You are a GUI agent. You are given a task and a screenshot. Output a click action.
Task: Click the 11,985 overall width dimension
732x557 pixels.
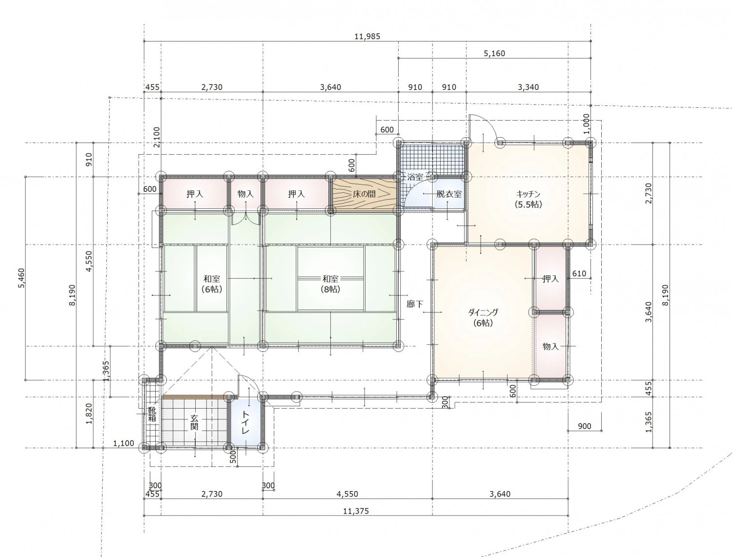tap(367, 36)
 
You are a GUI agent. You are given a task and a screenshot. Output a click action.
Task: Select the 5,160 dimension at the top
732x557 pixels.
tap(494, 53)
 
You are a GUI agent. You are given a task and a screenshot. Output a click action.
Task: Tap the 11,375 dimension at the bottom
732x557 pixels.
tap(356, 511)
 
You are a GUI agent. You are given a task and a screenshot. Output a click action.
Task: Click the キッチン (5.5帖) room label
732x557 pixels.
tap(528, 199)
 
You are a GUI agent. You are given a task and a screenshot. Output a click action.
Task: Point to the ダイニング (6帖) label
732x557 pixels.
tap(483, 317)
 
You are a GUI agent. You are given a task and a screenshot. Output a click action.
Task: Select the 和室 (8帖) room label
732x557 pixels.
tap(330, 284)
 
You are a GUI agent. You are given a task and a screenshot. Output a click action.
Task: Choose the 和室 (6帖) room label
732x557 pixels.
tap(212, 284)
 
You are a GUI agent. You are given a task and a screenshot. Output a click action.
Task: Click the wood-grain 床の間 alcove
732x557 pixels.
tap(365, 194)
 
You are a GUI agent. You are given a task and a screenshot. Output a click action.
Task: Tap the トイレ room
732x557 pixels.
tap(245, 423)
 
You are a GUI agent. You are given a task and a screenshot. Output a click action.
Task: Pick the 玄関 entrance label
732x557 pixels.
tap(194, 422)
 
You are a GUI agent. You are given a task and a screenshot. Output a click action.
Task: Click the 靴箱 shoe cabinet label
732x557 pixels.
tap(152, 414)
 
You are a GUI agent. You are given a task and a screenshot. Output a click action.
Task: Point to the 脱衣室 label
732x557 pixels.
tap(449, 194)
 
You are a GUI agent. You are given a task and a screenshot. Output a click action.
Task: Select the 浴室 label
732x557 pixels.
tap(415, 177)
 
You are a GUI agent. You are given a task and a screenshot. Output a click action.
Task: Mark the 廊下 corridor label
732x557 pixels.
tap(415, 304)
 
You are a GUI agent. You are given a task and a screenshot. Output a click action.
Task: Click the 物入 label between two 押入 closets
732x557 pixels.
tap(245, 194)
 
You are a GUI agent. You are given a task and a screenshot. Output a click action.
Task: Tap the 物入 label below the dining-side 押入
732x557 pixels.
tap(550, 347)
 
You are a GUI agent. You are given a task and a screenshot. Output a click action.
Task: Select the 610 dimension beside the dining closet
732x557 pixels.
tap(579, 273)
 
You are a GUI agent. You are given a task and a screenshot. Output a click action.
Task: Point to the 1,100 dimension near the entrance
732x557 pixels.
tap(123, 443)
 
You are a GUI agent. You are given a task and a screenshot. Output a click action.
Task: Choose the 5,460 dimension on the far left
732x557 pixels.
tap(21, 278)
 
